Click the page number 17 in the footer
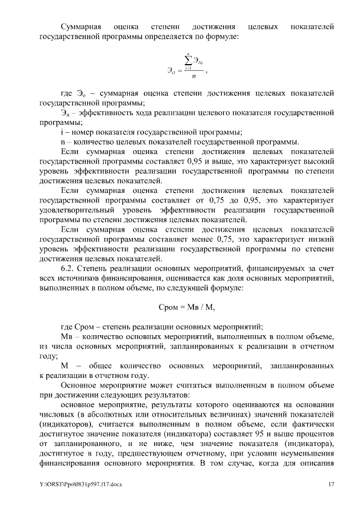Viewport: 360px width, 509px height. [332, 484]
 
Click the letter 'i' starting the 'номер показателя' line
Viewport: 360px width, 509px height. [61, 132]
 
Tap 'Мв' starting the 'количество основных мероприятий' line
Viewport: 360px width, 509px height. [66, 336]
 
